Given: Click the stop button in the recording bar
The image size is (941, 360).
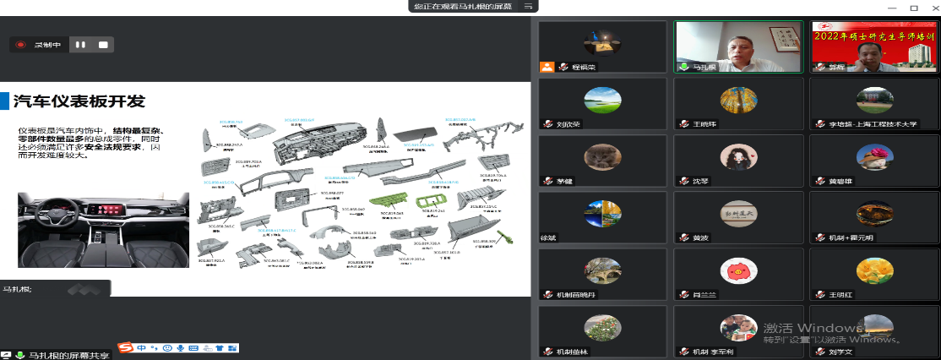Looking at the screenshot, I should (103, 45).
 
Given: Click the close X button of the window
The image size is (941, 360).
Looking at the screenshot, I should (930, 7).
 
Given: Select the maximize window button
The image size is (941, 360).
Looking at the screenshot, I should (913, 7).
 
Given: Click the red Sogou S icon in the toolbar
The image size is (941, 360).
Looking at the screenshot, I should (125, 347).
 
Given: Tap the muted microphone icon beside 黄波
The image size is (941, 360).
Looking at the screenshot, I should (684, 237).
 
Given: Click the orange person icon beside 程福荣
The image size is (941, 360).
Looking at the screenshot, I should (547, 66).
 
